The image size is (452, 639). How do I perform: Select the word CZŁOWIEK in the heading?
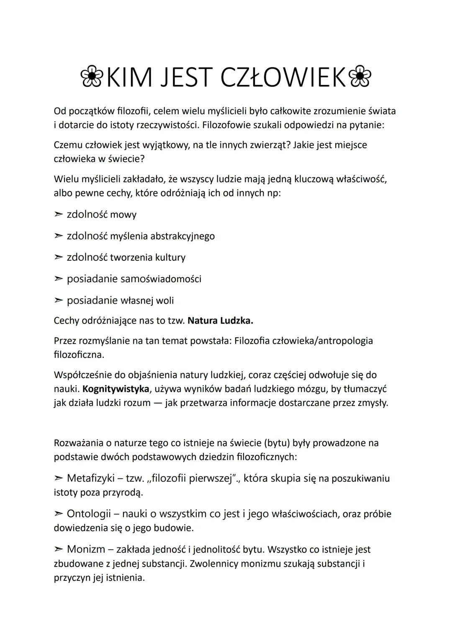pos(285,78)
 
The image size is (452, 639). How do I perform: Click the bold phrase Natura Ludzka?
pos(221,321)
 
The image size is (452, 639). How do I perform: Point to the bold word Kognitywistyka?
pos(116,389)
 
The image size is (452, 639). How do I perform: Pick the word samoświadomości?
pos(161,279)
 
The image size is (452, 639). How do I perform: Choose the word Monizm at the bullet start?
pos(87,549)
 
